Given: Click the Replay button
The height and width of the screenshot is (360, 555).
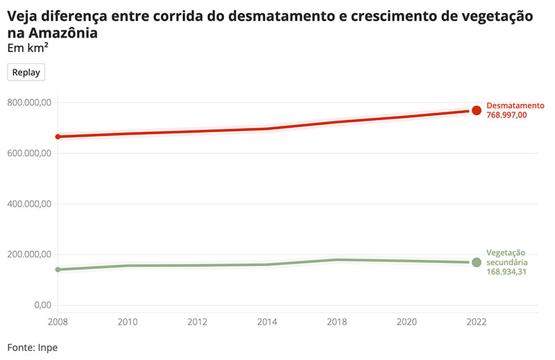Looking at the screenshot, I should (26, 72).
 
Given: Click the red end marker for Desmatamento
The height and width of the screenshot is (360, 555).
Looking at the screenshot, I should (477, 110).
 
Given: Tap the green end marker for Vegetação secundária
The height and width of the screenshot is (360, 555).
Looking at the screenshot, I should (477, 262).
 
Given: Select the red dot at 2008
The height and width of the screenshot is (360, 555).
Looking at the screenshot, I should (58, 137).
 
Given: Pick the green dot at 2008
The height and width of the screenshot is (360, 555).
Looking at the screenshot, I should (58, 269).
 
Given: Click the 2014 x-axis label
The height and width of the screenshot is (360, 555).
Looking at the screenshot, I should (267, 322).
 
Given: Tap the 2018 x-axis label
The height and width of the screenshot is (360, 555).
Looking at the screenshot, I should (337, 322).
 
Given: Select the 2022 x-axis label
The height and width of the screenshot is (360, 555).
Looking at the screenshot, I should (477, 322).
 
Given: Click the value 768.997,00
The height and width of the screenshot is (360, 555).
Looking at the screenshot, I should (507, 115).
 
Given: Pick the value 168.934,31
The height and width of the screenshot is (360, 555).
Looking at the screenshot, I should (507, 273).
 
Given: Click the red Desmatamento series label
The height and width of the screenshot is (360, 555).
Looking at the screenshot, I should (515, 105).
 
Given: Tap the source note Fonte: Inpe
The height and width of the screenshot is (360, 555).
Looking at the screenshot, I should (33, 348).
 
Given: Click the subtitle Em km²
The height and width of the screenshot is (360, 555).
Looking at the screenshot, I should (28, 48).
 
